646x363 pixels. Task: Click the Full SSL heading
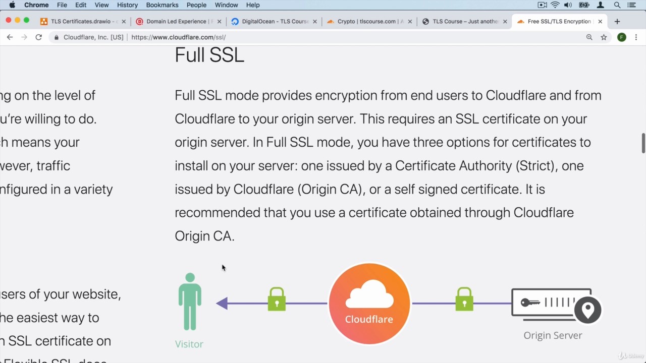click(209, 55)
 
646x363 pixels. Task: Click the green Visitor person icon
click(190, 301)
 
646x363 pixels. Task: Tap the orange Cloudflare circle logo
click(369, 304)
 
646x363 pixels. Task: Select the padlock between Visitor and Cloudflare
click(277, 299)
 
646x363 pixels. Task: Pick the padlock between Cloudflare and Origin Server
click(464, 299)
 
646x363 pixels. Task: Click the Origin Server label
click(553, 335)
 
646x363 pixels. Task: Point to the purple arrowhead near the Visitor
click(222, 303)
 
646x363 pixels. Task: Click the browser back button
click(10, 37)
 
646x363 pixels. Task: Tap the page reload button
click(38, 37)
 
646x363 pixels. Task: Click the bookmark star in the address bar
click(604, 37)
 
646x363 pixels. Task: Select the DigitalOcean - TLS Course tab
click(275, 22)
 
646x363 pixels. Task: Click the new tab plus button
click(617, 22)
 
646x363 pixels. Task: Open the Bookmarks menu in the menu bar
click(162, 5)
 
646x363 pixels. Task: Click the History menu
click(127, 5)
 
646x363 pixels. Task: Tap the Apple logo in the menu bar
click(12, 5)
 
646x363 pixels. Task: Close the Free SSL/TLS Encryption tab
click(600, 22)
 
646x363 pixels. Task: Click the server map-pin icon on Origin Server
click(587, 309)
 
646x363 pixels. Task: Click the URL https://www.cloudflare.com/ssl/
click(178, 37)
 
